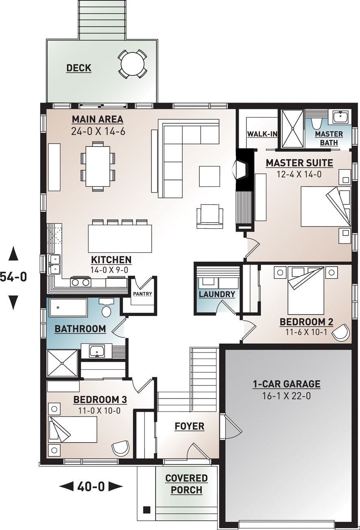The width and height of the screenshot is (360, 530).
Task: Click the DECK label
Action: point(79,68)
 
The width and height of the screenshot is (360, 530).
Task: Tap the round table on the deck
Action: point(132,64)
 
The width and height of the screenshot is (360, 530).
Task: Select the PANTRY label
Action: point(142,294)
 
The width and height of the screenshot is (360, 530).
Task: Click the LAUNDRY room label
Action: point(217,294)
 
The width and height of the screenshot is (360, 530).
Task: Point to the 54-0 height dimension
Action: point(13,277)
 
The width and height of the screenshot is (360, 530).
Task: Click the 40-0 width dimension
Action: point(91,486)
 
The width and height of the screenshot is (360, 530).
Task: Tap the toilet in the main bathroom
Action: point(107,310)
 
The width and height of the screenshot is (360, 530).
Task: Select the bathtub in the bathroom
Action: point(68,308)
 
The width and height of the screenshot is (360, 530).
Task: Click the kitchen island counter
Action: point(120,239)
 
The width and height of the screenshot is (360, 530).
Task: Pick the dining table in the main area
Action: point(98,166)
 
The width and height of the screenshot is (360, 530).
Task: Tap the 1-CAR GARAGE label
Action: point(286,384)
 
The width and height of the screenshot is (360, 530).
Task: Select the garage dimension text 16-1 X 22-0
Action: point(286,396)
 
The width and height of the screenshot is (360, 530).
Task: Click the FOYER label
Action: point(189,426)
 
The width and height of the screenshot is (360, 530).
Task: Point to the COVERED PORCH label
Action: point(187,484)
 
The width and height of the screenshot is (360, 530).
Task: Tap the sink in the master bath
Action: point(340,117)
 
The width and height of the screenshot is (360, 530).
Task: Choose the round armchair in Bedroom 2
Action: point(341,333)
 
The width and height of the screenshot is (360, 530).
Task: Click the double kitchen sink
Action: point(54,264)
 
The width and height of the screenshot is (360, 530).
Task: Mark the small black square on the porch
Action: point(147,510)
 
